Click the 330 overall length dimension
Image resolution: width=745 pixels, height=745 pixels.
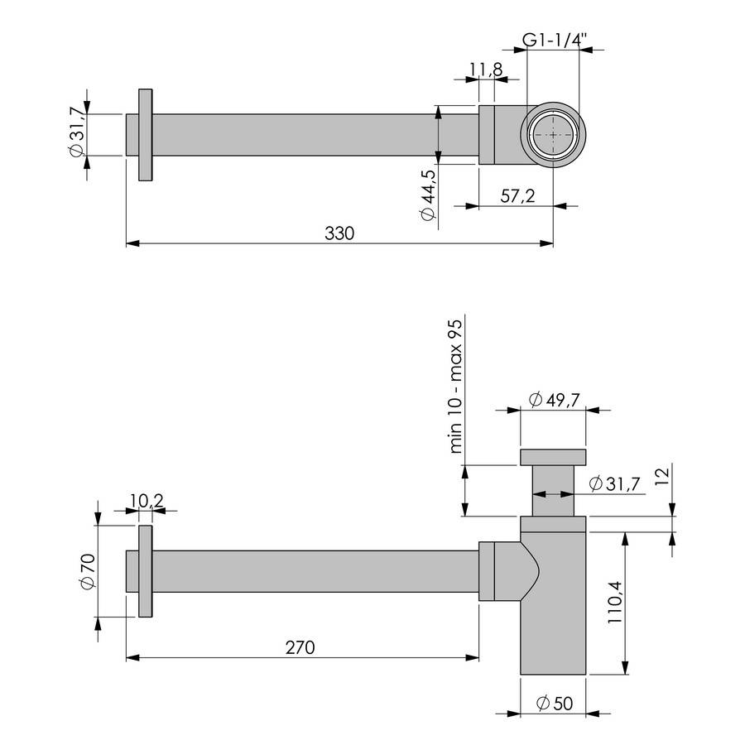click(339, 233)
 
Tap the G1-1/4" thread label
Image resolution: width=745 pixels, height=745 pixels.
click(553, 38)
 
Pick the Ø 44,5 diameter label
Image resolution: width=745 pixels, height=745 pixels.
click(428, 196)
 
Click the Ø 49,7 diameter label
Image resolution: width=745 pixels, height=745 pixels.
click(553, 400)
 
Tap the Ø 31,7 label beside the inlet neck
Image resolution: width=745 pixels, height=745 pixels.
click(613, 484)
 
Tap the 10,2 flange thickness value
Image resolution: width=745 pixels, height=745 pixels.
click(146, 500)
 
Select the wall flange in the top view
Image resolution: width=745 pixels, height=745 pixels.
click(146, 134)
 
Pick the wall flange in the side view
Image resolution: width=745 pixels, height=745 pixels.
click(146, 571)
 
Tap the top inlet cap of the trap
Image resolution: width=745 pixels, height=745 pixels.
click(553, 457)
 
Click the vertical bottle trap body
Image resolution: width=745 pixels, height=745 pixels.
click(553, 613)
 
